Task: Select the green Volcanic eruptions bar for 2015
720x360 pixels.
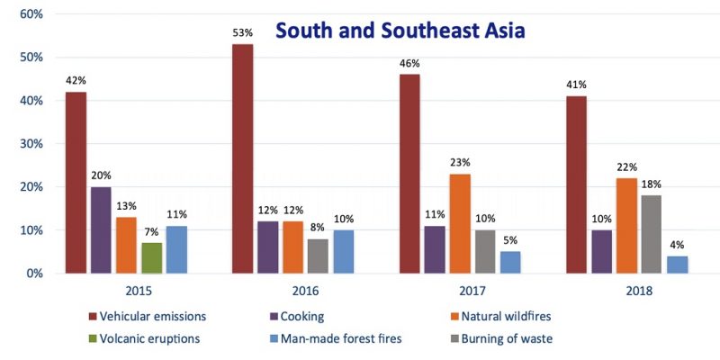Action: (x=153, y=257)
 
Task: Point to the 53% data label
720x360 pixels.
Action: (x=242, y=33)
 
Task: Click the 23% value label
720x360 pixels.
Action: (x=460, y=163)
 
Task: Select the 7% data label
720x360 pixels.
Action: (x=153, y=232)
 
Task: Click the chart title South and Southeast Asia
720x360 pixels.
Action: (x=400, y=31)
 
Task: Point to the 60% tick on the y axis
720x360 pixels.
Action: (x=31, y=14)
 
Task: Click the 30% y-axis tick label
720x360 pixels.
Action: (x=31, y=144)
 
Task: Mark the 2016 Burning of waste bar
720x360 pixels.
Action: (x=318, y=256)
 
